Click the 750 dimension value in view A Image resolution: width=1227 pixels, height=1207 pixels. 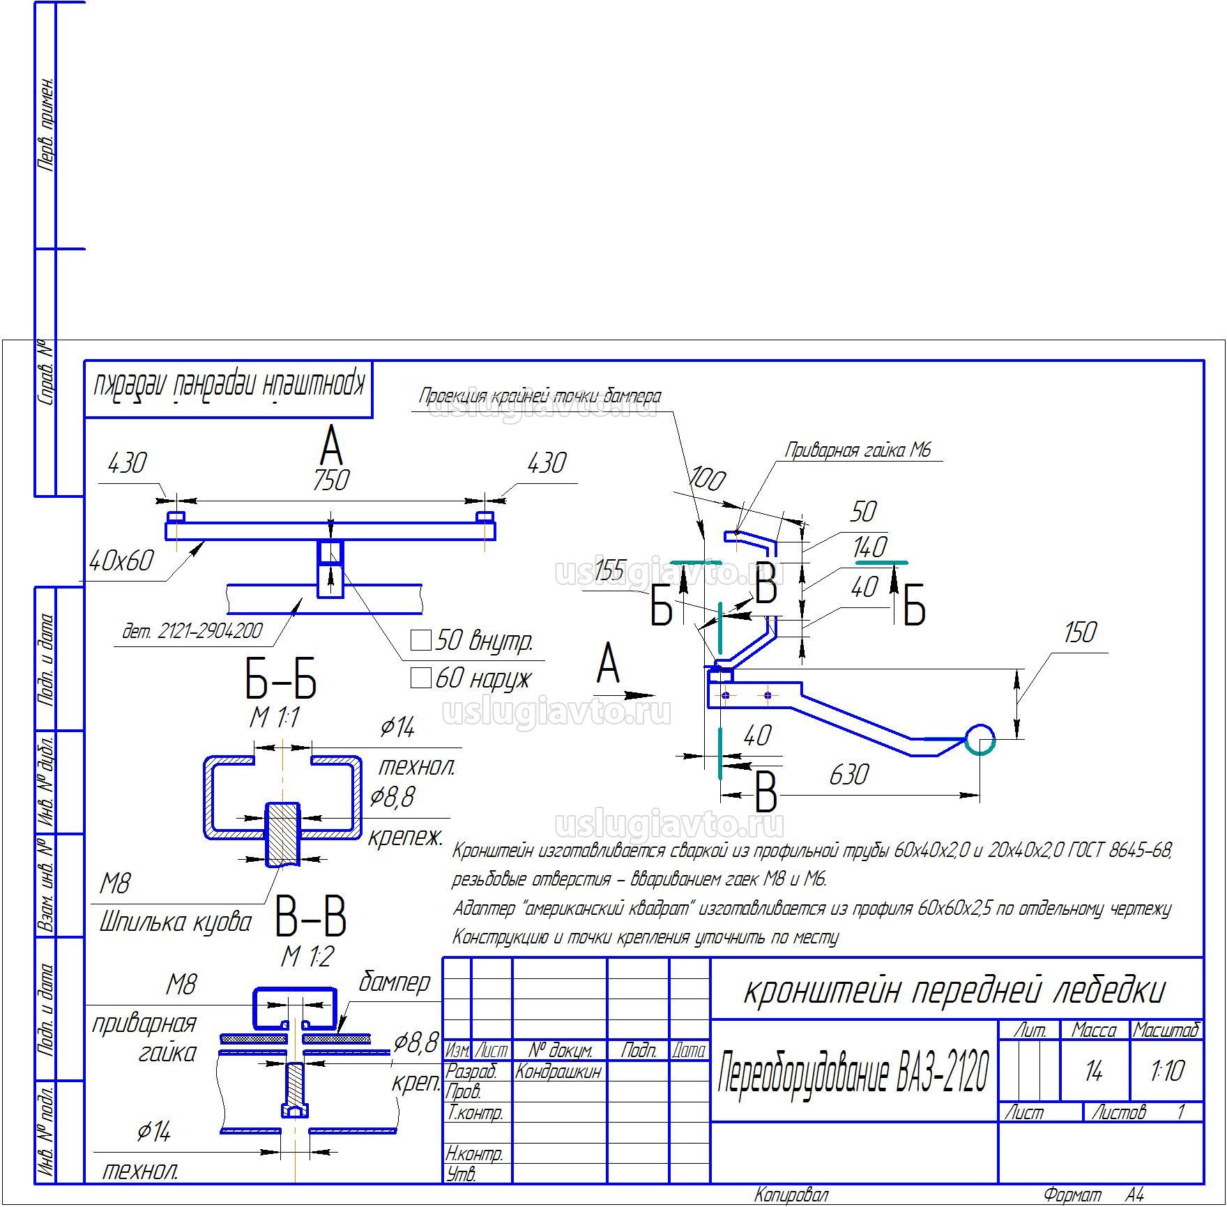tap(331, 481)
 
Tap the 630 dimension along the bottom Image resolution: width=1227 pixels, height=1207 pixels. tap(848, 775)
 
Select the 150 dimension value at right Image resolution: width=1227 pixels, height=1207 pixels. tap(1080, 633)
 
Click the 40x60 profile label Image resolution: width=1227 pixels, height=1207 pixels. tap(121, 561)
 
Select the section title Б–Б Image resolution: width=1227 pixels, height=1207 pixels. tap(281, 681)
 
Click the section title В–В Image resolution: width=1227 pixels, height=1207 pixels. tap(310, 918)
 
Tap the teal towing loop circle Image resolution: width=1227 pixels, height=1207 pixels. tap(980, 739)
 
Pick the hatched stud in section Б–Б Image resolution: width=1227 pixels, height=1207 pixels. tap(283, 833)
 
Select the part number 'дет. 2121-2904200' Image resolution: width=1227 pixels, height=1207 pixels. tap(192, 631)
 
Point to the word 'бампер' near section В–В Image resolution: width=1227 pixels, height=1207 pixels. tap(395, 982)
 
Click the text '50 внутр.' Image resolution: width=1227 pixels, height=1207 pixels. tap(483, 641)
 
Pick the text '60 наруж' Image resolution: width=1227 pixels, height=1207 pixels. tap(483, 678)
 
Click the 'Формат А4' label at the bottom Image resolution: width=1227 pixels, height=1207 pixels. tap(1093, 1195)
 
